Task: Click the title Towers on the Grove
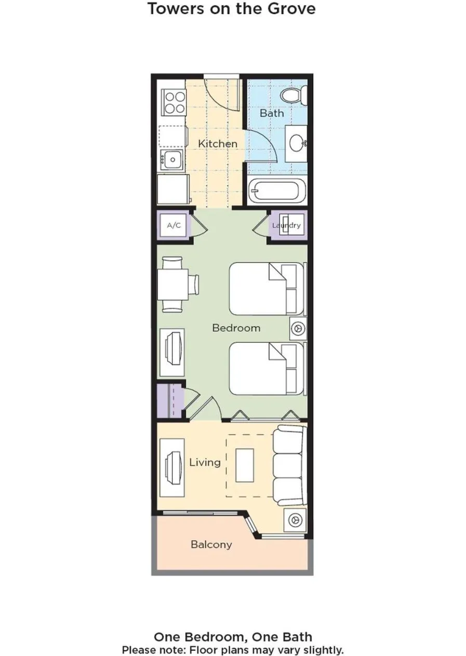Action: click(231, 9)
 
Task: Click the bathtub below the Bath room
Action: click(275, 192)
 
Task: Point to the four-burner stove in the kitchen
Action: click(174, 102)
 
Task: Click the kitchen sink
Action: click(171, 158)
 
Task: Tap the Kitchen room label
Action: click(218, 143)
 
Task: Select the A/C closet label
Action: click(174, 225)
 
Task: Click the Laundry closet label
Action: click(286, 225)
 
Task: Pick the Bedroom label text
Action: click(236, 328)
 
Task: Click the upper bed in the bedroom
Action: click(265, 289)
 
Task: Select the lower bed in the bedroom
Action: click(265, 369)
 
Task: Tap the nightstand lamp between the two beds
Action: click(298, 328)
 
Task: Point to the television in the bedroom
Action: click(172, 352)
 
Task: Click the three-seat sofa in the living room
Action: click(289, 462)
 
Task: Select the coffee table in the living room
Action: click(245, 464)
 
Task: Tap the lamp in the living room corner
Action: click(295, 519)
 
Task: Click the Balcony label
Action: click(211, 544)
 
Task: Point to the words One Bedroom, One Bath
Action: click(233, 637)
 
